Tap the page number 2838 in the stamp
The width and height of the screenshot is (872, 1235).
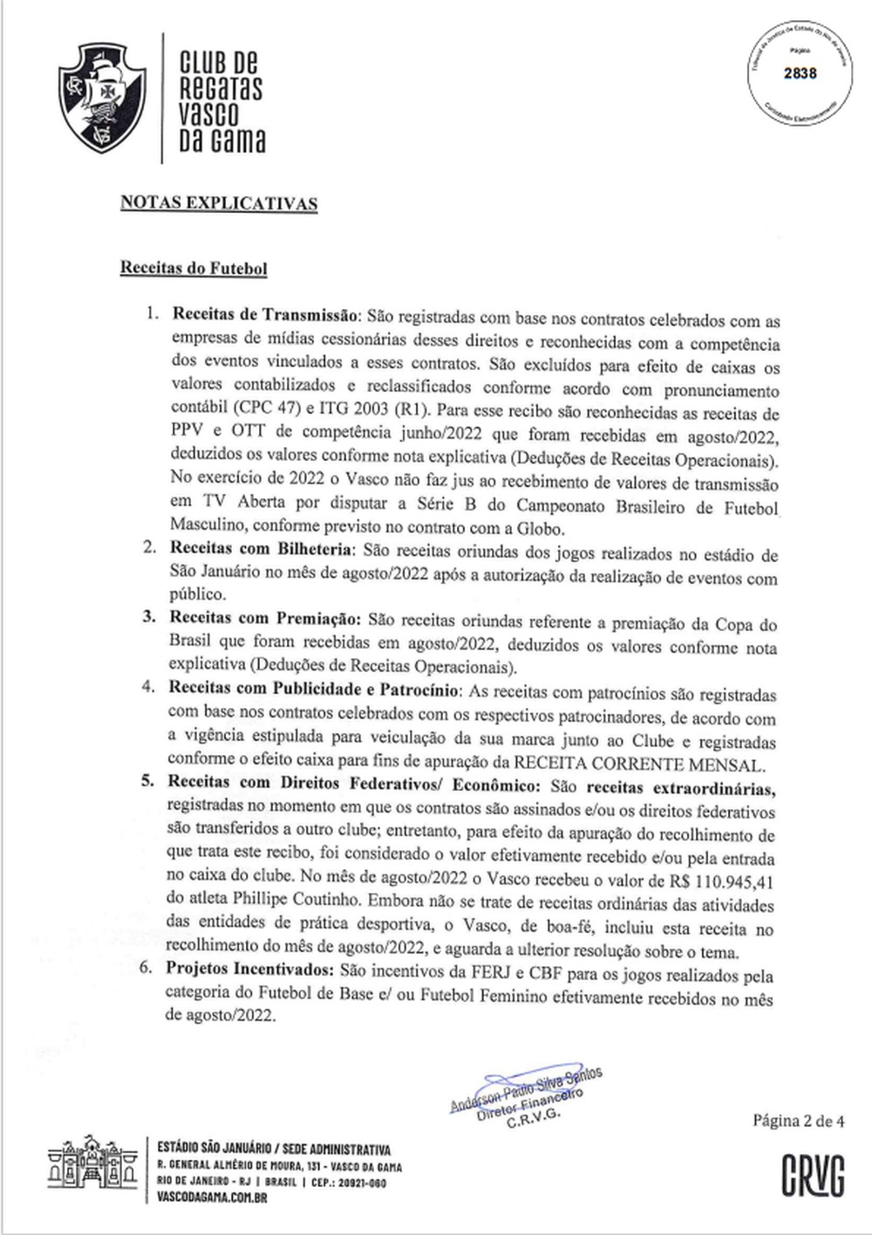(800, 73)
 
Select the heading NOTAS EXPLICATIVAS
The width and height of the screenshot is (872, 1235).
(219, 204)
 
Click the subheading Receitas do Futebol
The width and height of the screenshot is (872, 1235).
(194, 269)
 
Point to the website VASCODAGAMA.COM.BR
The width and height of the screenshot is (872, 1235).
(213, 1198)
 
